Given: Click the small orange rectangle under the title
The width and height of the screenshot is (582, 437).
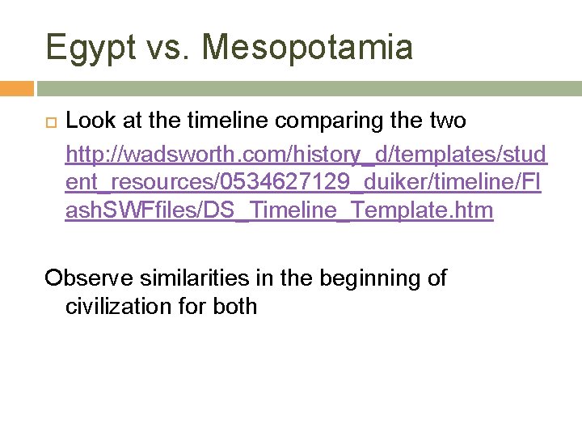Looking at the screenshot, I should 16,88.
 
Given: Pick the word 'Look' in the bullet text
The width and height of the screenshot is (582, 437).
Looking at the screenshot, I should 88,121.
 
